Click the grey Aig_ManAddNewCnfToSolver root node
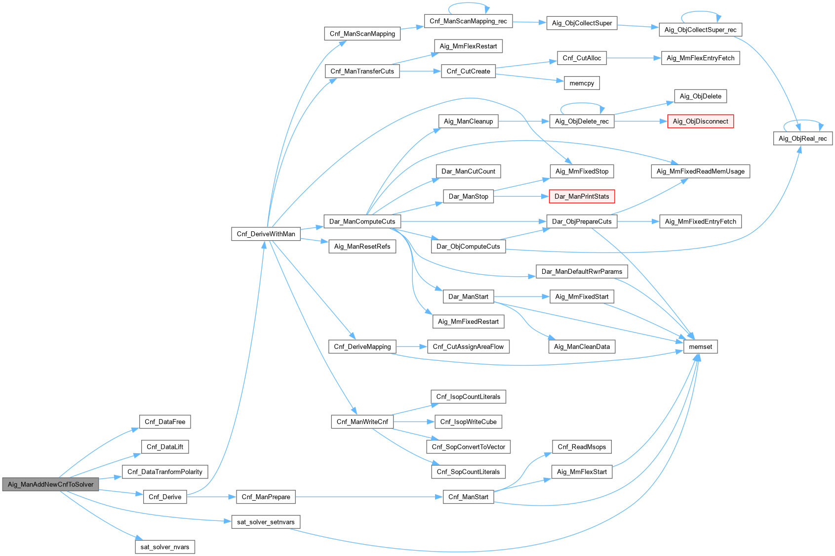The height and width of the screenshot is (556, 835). [50, 484]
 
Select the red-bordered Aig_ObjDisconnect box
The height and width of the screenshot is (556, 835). [700, 121]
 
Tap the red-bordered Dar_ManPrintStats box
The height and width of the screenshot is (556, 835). [582, 196]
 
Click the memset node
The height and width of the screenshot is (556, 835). [700, 346]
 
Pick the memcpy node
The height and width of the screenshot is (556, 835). [582, 83]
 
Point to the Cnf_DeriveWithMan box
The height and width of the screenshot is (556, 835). [266, 234]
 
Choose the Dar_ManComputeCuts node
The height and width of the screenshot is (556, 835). [362, 221]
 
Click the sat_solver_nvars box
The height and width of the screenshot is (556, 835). [165, 547]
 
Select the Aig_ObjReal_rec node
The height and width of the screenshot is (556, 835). [802, 138]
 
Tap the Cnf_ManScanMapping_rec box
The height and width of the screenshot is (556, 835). [468, 21]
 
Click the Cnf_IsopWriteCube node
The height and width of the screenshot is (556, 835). [468, 422]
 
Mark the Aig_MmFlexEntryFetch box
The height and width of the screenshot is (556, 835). [700, 58]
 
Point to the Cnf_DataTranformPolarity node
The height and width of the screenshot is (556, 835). [165, 471]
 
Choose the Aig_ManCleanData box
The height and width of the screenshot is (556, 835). [582, 346]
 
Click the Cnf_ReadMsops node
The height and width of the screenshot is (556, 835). [582, 447]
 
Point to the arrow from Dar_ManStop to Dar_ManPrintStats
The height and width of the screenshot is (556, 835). [521, 196]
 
